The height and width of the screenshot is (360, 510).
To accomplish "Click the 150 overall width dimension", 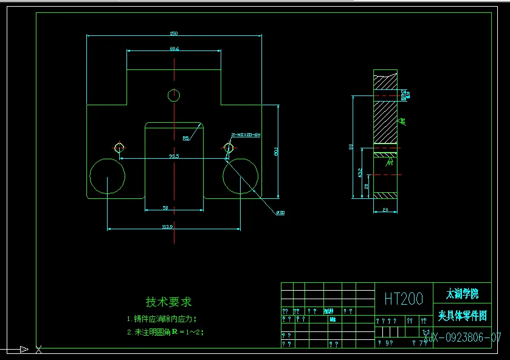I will [x=174, y=33].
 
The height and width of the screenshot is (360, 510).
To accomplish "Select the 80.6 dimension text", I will [x=174, y=49].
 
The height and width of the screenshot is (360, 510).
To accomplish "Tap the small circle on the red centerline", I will [x=174, y=95].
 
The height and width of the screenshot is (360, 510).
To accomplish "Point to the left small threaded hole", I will [x=119, y=147].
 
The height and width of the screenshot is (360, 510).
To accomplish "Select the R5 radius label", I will [x=186, y=138].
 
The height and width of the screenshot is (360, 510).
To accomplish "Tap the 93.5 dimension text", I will [x=174, y=156].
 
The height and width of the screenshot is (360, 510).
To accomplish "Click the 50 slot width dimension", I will [x=165, y=208].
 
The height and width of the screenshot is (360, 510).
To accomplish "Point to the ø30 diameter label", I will [x=281, y=213].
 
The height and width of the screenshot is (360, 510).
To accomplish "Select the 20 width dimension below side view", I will [x=385, y=210].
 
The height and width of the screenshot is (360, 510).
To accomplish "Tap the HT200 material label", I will [x=404, y=299].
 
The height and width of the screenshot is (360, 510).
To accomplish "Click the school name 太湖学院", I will [x=462, y=294].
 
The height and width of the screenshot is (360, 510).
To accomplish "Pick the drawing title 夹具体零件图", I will [x=462, y=316].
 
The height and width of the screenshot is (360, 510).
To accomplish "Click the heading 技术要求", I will [x=168, y=302].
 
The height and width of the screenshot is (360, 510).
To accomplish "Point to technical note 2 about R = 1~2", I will [x=165, y=332].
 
